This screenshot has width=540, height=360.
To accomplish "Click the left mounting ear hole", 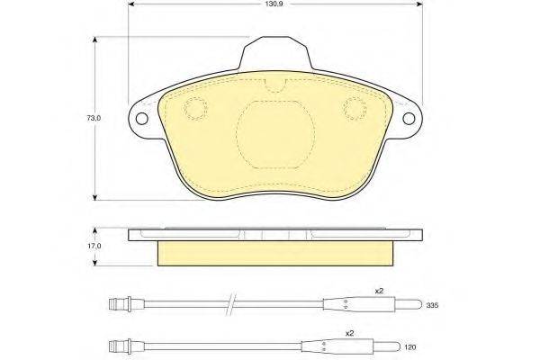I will [140, 118].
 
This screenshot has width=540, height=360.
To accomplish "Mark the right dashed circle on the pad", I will [353, 109].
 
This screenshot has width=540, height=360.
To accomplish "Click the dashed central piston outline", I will [274, 130].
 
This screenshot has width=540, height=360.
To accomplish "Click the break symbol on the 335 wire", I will [231, 304].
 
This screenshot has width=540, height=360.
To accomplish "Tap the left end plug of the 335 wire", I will [119, 304].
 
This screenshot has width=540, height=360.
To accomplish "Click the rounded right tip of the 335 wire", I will [409, 305].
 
